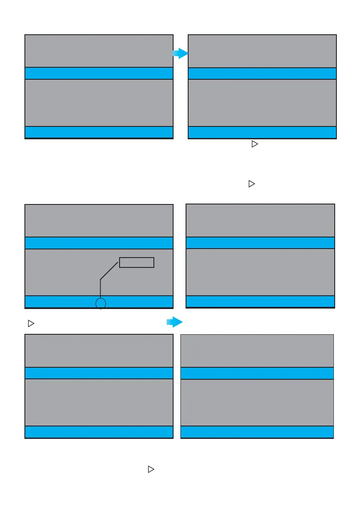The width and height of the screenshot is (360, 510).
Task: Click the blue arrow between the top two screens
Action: (x=180, y=54)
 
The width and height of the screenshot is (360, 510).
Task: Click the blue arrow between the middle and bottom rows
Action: (x=174, y=322)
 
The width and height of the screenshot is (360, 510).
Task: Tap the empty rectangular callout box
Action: (x=136, y=262)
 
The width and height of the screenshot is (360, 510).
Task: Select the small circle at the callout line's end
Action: (x=100, y=304)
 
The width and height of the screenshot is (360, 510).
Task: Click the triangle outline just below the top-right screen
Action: (x=254, y=145)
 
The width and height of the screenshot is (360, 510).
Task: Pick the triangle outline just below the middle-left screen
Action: (x=30, y=324)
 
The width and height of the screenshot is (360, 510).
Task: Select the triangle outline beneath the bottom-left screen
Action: (x=150, y=470)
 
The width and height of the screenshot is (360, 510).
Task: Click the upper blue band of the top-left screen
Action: (x=99, y=73)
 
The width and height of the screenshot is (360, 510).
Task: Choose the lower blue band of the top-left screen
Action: (x=99, y=132)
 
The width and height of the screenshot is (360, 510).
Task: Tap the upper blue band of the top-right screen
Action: (x=262, y=74)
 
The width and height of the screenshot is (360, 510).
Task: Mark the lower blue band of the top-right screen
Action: (x=262, y=132)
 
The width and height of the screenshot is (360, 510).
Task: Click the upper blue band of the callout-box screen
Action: (x=99, y=243)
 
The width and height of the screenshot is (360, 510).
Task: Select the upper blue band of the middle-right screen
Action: (x=260, y=243)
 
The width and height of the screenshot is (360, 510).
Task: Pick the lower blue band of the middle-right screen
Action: (x=260, y=301)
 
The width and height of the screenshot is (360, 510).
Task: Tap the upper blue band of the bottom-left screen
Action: (x=99, y=373)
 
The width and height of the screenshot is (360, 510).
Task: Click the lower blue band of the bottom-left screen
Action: (x=99, y=432)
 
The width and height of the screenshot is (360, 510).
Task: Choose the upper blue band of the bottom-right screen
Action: (x=257, y=373)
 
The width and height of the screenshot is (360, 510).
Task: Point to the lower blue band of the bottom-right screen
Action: (x=257, y=432)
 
